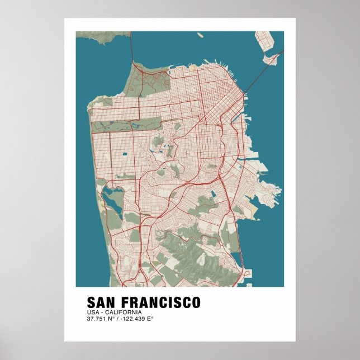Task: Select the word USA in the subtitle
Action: click(x=92, y=312)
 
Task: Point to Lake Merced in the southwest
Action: click(x=111, y=198)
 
